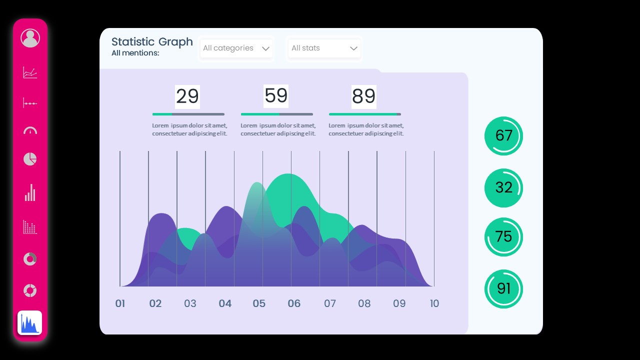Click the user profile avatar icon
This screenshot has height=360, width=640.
pos(30,38)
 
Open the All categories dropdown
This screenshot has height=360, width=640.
pos(236,48)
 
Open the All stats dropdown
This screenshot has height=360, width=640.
pos(324,48)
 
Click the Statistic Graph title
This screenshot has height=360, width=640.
pos(152,42)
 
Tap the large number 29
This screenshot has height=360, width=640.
pos(187,96)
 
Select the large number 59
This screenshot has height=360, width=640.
pos(276,96)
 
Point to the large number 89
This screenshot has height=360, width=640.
pos(364,96)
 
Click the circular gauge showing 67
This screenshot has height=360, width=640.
pos(503,135)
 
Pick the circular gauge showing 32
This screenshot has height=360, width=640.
pos(503,187)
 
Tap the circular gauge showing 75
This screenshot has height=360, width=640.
pos(503,237)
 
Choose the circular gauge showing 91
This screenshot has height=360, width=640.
pos(503,289)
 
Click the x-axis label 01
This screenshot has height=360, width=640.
pos(120,303)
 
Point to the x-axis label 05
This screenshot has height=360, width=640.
pos(259,303)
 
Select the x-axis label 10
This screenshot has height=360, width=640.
pos(434,303)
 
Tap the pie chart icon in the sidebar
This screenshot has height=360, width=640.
pos(30,159)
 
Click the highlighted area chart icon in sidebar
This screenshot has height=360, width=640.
pos(30,323)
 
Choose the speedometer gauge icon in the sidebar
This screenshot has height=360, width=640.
pos(30,131)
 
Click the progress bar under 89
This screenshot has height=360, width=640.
pos(365,114)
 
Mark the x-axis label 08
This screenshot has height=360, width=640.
pos(364,303)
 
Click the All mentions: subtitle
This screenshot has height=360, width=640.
pos(135,53)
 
